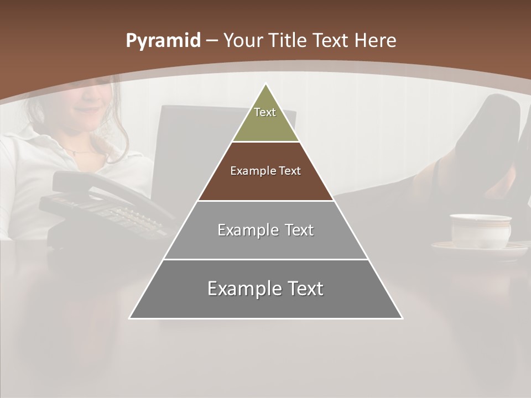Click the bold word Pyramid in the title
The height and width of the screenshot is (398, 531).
(x=163, y=41)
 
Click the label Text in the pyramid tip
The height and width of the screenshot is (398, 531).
(x=265, y=112)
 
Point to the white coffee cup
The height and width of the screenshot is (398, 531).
(x=480, y=230)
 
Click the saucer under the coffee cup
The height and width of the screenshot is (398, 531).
(x=479, y=250)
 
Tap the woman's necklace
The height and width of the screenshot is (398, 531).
(x=80, y=150)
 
